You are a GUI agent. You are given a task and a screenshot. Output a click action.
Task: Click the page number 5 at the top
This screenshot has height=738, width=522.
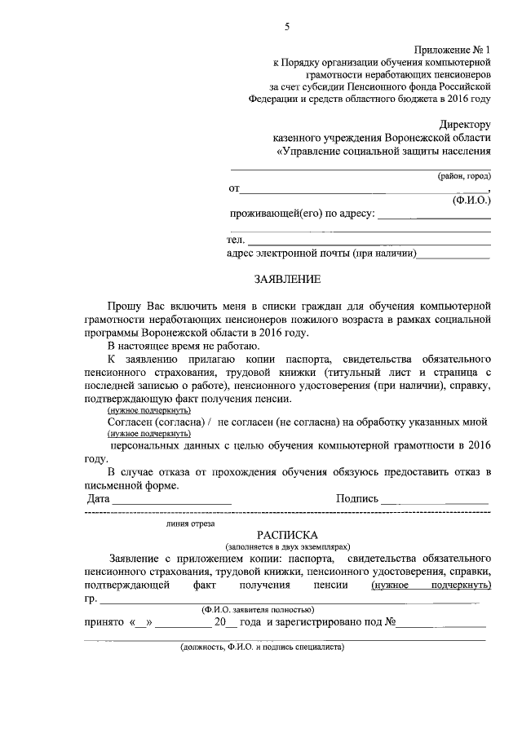click(287, 27)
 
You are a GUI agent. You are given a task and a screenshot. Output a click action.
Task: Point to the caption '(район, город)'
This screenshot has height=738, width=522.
click(462, 175)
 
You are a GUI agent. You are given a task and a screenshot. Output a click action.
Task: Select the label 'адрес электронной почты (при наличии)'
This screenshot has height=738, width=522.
click(321, 254)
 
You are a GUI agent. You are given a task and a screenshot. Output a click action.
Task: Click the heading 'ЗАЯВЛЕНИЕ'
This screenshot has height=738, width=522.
click(287, 278)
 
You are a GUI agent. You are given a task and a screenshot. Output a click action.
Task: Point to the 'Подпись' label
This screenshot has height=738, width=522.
click(356, 497)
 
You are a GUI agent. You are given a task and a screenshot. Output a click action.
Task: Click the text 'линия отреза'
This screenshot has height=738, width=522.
click(189, 524)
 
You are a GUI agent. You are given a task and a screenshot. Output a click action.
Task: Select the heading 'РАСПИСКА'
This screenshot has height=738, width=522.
click(287, 534)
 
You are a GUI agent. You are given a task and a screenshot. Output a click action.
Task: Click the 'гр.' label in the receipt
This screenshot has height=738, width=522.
click(90, 599)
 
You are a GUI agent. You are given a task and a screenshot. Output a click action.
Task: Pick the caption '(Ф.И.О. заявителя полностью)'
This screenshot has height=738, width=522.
click(258, 609)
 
